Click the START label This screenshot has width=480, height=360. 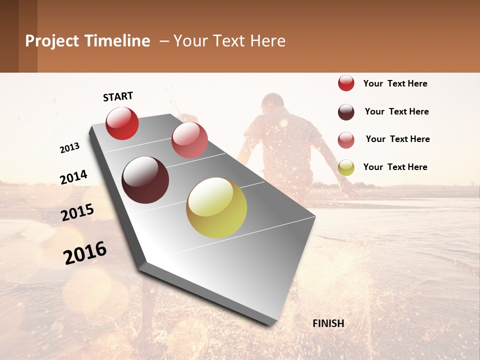point(118,96)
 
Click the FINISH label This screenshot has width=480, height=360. point(328,323)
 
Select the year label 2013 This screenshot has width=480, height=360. point(70,147)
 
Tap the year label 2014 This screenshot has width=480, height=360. point(73,177)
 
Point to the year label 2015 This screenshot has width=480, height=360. point(77,212)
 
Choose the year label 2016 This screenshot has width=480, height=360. point(85,253)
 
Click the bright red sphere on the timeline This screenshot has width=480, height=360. point(122,123)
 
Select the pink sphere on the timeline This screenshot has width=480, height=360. point(189,139)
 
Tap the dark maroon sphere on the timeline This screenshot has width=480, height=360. point(145,180)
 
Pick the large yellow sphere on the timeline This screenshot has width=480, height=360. point(216,207)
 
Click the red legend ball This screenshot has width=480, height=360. point(346,83)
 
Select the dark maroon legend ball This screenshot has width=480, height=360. point(346,112)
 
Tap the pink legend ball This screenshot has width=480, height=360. point(346,140)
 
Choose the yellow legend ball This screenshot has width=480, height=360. point(346,167)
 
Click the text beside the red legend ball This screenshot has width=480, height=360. point(395,83)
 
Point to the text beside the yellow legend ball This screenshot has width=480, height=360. point(395,167)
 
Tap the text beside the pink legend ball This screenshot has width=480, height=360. point(397,139)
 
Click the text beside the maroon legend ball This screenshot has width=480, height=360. point(396,111)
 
